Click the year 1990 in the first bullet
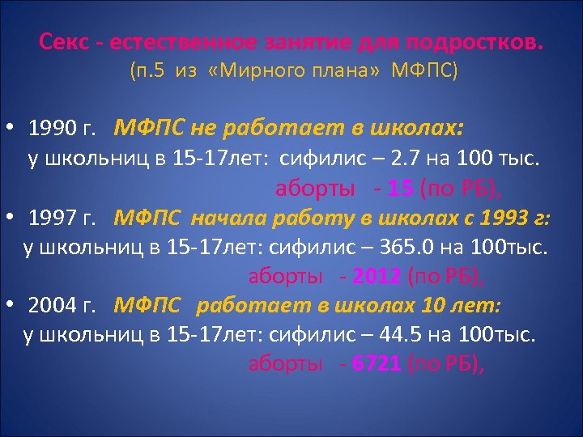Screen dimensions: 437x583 pos(51,129)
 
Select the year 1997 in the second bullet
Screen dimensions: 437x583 pos(51,218)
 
